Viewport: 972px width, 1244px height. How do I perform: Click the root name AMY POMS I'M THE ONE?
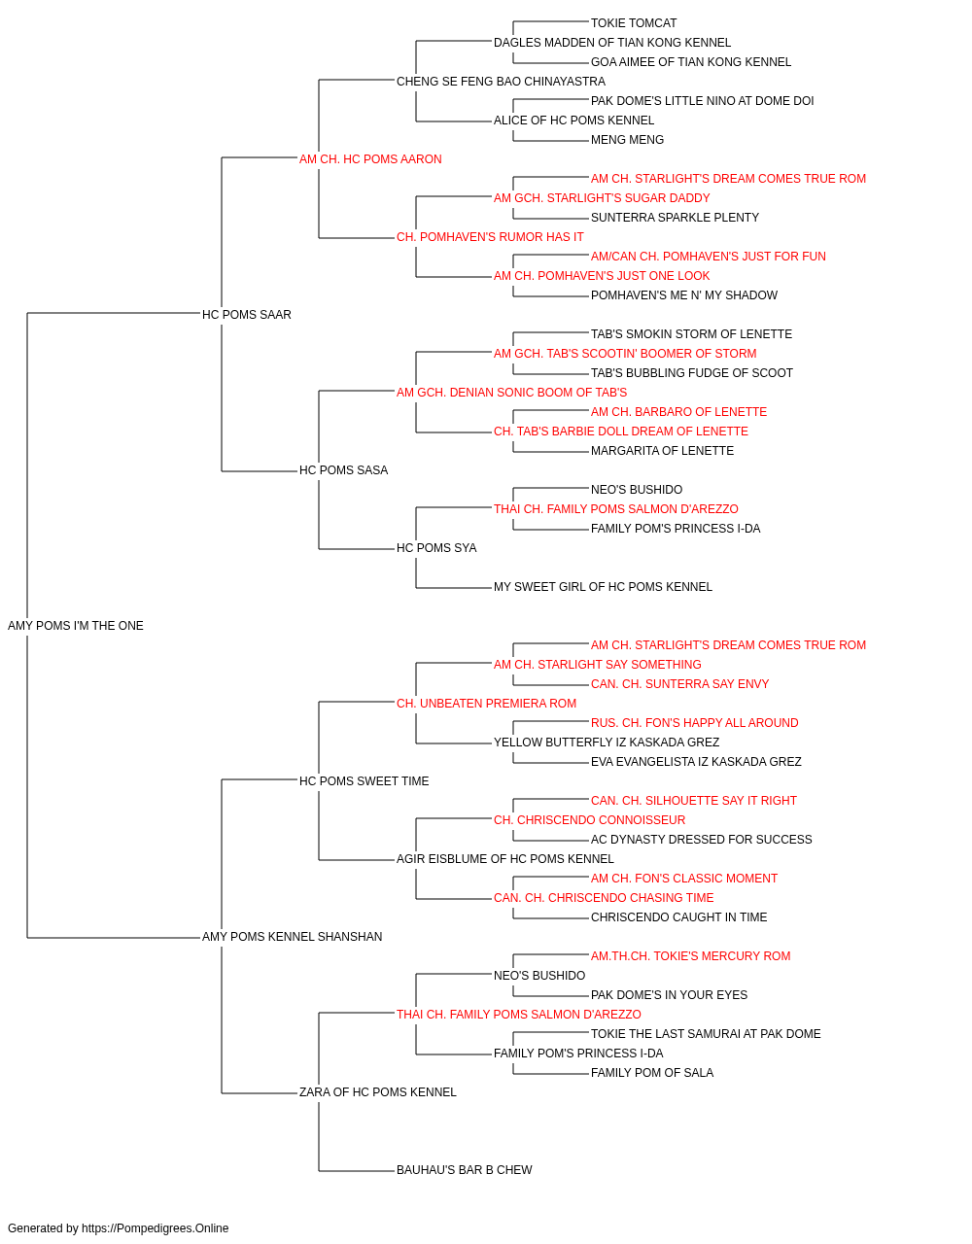(76, 626)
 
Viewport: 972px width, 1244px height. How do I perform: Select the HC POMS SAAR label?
(247, 315)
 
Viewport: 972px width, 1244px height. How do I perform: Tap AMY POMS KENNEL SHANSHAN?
(292, 937)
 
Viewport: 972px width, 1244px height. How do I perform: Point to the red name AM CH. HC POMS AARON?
(370, 159)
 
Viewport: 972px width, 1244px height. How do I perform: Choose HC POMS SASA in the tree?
(343, 470)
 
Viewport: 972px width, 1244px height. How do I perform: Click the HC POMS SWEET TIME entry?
(364, 780)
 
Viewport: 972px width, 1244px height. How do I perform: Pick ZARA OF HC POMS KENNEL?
(378, 1091)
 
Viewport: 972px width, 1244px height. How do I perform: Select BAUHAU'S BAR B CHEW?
(465, 1169)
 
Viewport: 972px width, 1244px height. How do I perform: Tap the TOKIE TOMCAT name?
(634, 23)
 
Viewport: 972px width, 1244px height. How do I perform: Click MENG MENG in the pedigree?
(627, 140)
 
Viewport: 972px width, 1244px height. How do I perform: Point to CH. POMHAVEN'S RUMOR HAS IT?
(490, 237)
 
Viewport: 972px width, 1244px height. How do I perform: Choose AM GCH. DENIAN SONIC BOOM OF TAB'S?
(512, 392)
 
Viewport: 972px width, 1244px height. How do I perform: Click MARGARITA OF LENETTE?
(662, 451)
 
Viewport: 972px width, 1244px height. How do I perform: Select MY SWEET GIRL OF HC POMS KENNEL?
(603, 587)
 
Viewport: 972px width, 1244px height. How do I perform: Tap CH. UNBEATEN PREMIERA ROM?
(487, 703)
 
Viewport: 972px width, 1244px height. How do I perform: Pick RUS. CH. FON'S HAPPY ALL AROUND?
(694, 722)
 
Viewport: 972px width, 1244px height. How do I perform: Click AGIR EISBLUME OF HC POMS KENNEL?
(504, 859)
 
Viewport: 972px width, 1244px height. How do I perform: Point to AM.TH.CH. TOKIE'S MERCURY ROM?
(690, 956)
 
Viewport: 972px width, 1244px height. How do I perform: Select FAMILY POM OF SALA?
(652, 1072)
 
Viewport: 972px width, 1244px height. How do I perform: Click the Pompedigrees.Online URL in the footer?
(156, 1228)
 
